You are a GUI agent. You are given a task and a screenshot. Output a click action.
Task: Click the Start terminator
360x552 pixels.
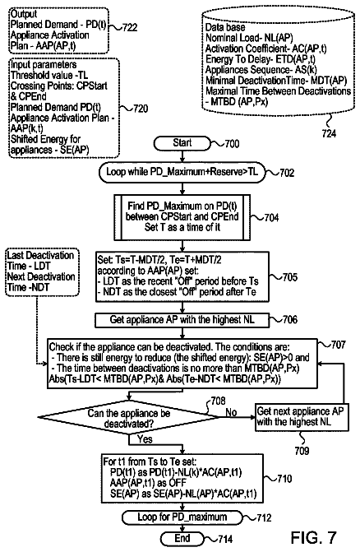click(x=182, y=143)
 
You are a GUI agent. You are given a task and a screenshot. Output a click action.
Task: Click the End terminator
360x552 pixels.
click(x=182, y=538)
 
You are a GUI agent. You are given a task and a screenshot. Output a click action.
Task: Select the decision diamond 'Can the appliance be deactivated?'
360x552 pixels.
click(x=129, y=418)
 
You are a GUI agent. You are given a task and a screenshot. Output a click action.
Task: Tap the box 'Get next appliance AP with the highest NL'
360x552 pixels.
click(x=302, y=417)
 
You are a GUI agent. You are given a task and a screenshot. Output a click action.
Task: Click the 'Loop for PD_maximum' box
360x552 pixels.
click(x=182, y=517)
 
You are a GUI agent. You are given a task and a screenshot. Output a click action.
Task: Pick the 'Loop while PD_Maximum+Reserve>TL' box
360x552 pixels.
click(x=182, y=172)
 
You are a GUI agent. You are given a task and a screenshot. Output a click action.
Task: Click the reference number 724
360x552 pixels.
click(x=329, y=133)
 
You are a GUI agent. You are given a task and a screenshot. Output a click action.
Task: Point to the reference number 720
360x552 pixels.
click(x=141, y=109)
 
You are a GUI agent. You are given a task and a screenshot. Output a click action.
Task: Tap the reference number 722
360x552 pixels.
click(x=130, y=27)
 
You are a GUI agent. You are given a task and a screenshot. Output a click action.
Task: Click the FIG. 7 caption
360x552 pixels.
click(x=314, y=537)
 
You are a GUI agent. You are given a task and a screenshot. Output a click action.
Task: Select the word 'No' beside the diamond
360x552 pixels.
click(x=231, y=412)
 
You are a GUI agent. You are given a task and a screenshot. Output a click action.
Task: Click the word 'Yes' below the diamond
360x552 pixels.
click(x=145, y=439)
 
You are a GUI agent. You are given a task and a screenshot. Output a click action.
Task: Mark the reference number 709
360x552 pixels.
click(x=302, y=451)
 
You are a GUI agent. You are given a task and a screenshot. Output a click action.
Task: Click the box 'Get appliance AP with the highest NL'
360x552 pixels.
click(x=182, y=320)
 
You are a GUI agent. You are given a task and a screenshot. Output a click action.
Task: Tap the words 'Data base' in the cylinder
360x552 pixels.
click(x=225, y=27)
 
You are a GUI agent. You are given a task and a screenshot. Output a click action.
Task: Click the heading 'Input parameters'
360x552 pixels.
click(x=44, y=65)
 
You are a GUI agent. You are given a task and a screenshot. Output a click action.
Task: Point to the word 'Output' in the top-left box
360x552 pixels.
click(x=24, y=14)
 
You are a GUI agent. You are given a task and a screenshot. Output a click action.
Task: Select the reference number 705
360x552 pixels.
click(x=289, y=277)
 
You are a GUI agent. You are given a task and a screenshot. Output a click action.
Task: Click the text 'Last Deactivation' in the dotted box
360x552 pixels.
click(x=40, y=255)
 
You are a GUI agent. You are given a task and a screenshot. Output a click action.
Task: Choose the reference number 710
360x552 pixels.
click(x=284, y=479)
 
